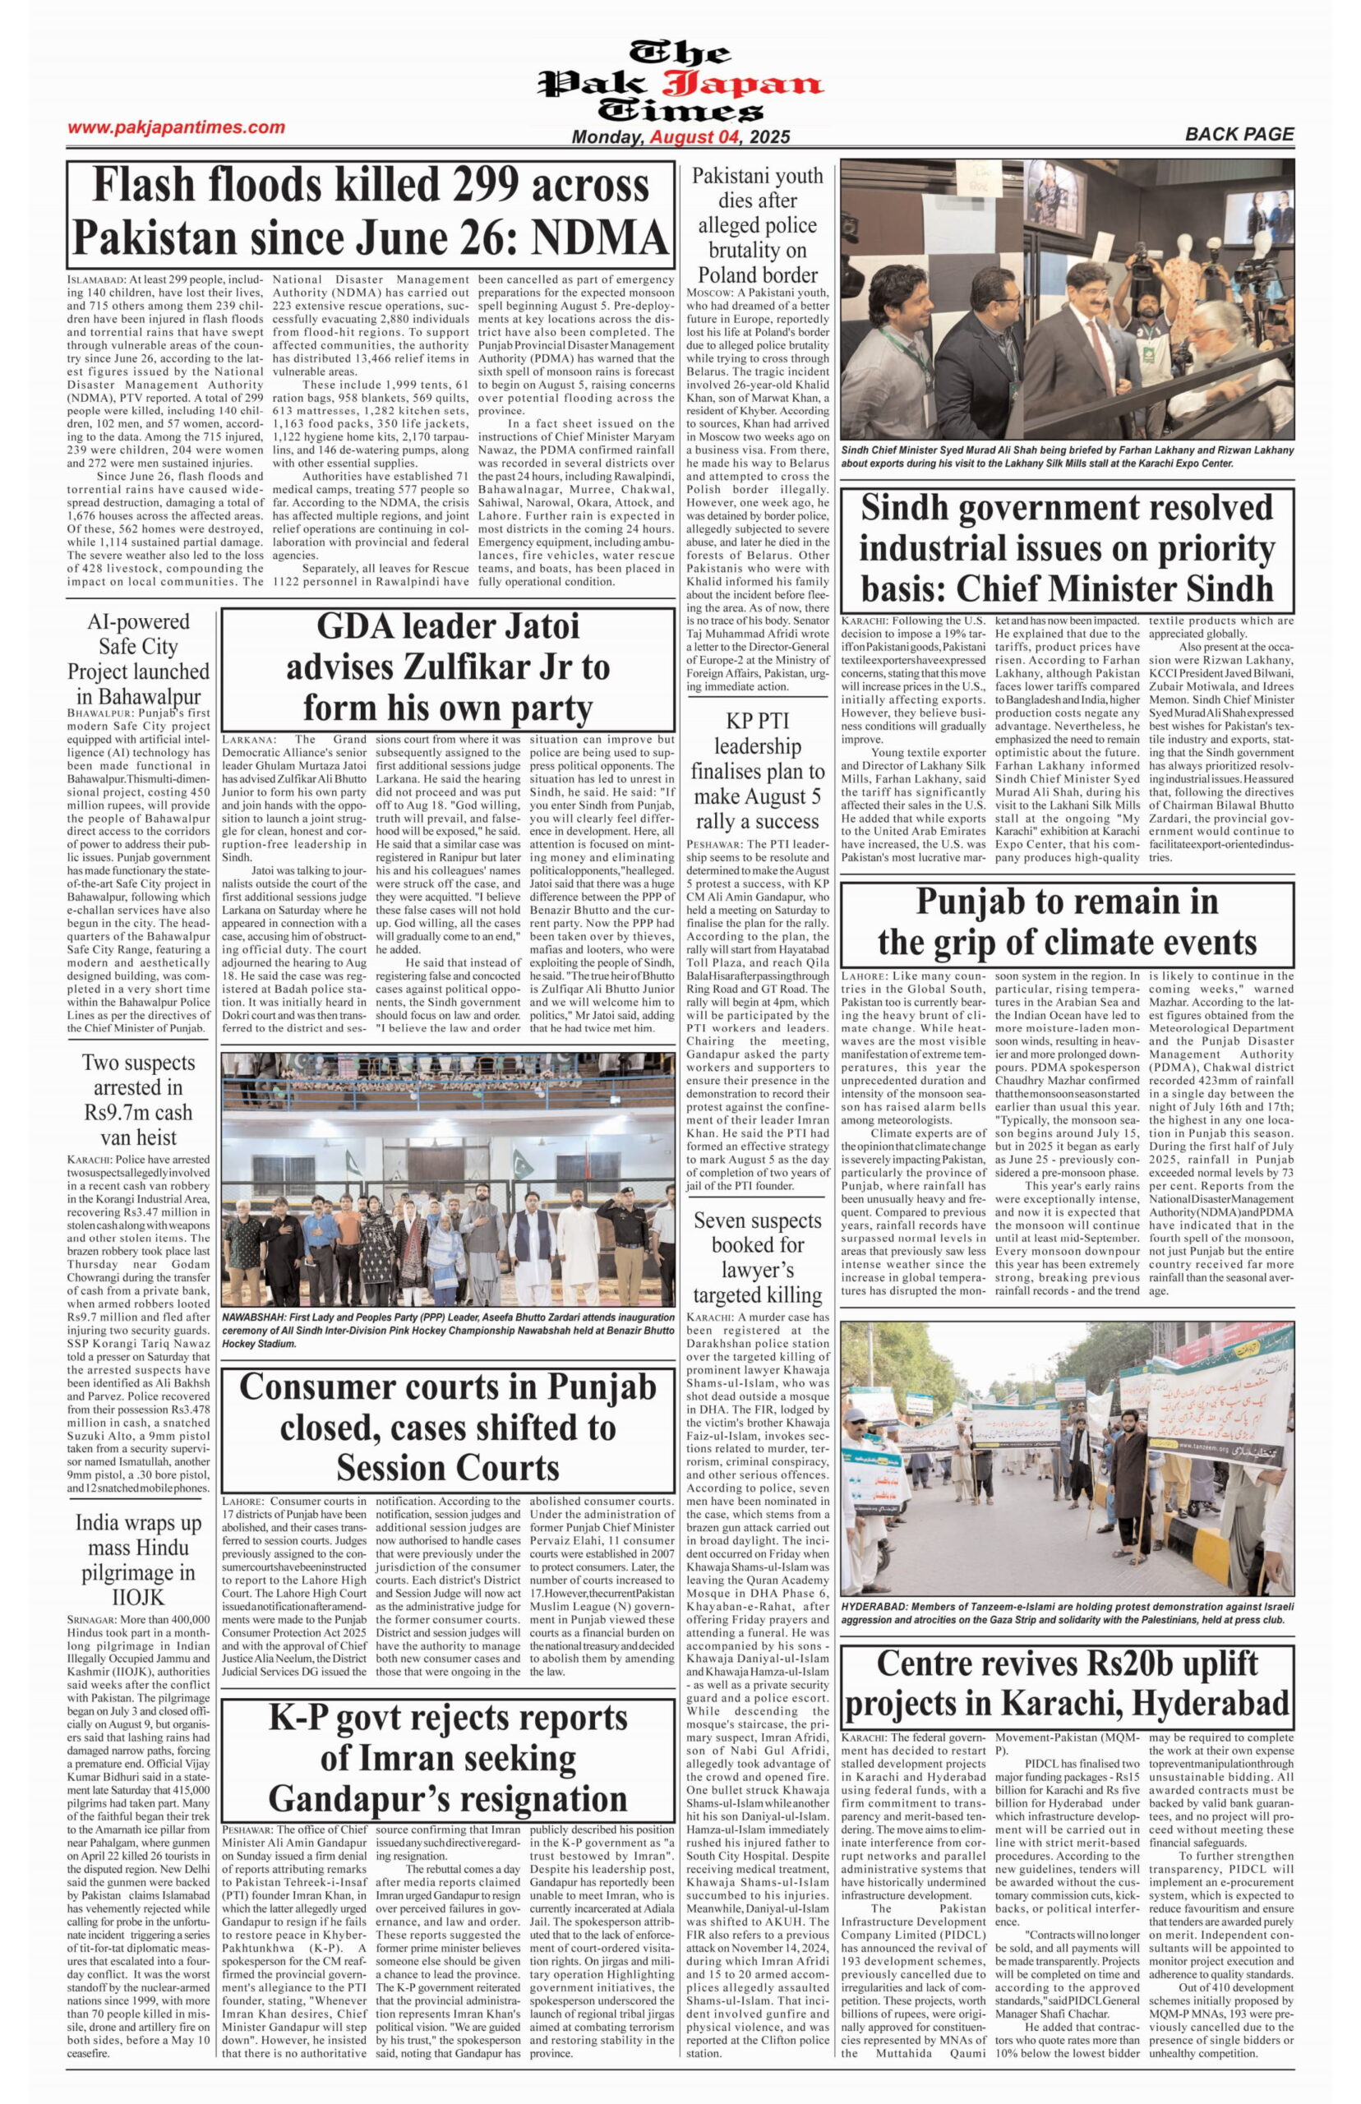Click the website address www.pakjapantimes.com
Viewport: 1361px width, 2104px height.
point(176,127)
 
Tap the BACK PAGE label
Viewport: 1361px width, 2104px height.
point(1239,134)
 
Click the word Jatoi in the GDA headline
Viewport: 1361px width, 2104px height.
point(535,626)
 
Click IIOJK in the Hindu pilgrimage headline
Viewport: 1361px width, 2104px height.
point(138,1598)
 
